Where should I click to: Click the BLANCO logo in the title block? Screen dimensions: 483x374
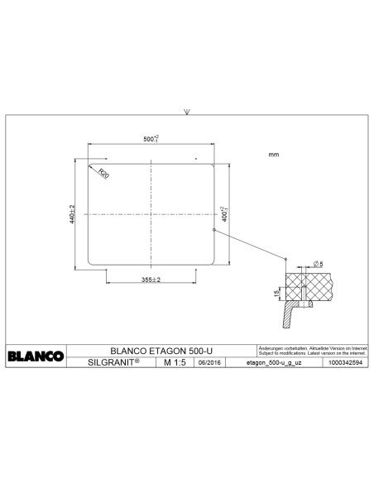(x=36, y=356)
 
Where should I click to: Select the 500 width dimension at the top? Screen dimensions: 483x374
(x=150, y=139)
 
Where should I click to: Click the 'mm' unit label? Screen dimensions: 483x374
(x=274, y=155)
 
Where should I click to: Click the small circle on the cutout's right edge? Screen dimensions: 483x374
(x=214, y=229)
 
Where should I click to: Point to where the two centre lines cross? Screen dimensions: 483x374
(x=150, y=214)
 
